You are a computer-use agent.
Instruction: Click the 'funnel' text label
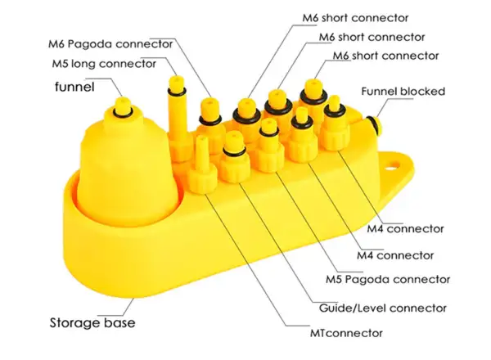[74, 87]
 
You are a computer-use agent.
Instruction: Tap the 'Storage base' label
[92, 322]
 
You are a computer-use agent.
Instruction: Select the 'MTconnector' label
[346, 333]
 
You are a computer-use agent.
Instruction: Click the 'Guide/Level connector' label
[383, 308]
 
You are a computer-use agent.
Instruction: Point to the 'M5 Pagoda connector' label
[388, 279]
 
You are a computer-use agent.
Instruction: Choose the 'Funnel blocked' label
[403, 92]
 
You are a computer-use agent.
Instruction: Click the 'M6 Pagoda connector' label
[110, 44]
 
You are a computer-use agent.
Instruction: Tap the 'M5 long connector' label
[104, 64]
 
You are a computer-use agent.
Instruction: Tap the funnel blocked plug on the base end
[373, 124]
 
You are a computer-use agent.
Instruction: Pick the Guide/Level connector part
[234, 158]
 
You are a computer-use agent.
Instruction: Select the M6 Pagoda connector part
[210, 125]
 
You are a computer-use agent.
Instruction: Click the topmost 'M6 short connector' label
[355, 18]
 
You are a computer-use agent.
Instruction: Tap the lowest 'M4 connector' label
[395, 255]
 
